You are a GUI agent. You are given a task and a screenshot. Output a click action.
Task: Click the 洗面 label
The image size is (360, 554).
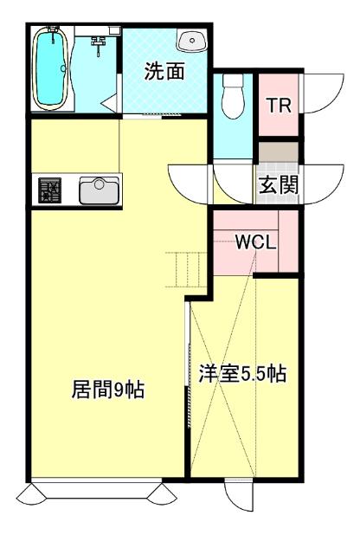click(x=164, y=73)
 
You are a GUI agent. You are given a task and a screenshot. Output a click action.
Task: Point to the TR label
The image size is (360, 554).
click(x=279, y=106)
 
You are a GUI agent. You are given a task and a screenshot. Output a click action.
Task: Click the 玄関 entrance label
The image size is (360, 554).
click(x=279, y=184)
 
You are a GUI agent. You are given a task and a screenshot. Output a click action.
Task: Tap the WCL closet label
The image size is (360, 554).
click(x=256, y=242)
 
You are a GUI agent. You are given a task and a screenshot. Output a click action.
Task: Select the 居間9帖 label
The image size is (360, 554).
click(x=107, y=390)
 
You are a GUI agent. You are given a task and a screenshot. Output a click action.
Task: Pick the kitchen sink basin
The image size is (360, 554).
click(x=100, y=190)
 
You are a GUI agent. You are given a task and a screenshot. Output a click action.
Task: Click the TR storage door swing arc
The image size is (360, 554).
click(x=320, y=92)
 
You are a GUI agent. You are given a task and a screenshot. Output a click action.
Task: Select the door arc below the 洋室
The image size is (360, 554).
click(x=238, y=499)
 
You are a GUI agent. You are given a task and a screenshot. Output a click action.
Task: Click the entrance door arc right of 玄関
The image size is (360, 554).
click(x=322, y=180)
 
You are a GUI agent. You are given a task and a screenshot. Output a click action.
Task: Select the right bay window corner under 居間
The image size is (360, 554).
click(x=164, y=494)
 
